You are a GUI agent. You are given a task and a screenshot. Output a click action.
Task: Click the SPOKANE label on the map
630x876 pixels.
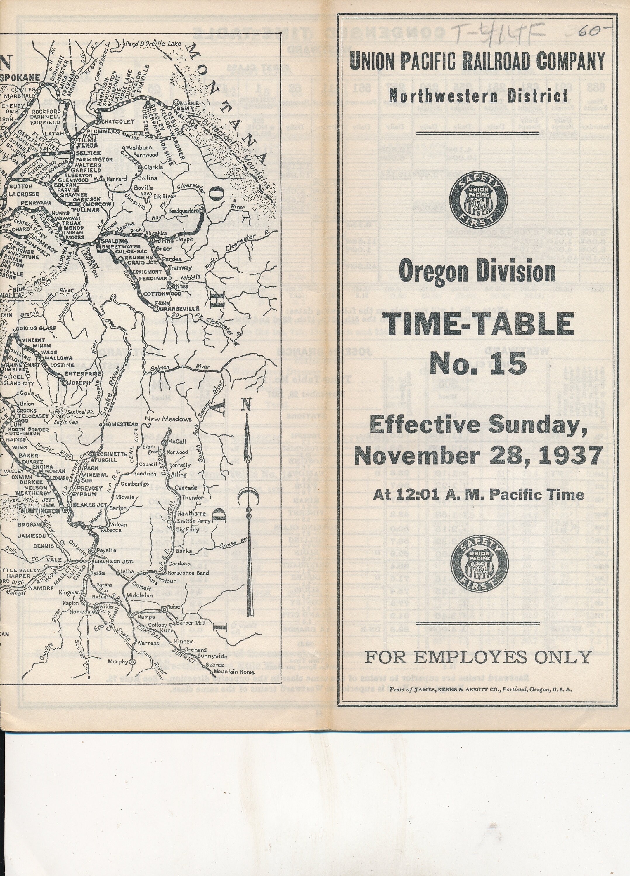[20, 77]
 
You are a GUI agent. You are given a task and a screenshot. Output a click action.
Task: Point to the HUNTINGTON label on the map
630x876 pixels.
[41, 511]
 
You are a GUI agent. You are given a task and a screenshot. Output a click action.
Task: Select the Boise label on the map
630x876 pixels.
[174, 606]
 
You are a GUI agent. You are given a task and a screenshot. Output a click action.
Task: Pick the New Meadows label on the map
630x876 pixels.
[168, 419]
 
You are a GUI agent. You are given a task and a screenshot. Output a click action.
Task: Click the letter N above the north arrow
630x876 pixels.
[247, 404]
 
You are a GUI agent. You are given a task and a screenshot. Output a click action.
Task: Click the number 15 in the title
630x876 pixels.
[509, 364]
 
